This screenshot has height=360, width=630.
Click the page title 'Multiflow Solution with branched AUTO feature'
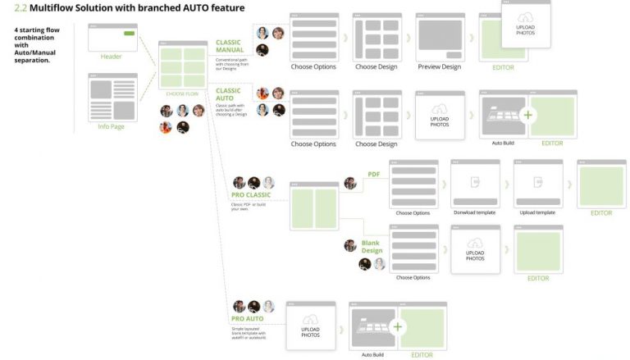(x=136, y=8)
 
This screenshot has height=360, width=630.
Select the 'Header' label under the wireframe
(x=112, y=56)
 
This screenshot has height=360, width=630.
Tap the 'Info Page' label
(x=112, y=126)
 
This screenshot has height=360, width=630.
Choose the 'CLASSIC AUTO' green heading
(x=228, y=94)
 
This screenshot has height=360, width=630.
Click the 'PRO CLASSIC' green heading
(x=251, y=194)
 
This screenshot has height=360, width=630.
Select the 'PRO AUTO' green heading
(x=247, y=318)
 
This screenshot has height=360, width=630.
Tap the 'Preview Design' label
(x=439, y=66)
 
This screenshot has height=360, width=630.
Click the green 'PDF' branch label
(x=373, y=174)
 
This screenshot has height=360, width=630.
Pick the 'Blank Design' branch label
(x=372, y=247)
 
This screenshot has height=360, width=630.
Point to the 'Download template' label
(x=475, y=212)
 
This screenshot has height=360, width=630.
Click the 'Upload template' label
(x=537, y=212)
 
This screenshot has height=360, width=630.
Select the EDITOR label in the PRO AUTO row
(x=422, y=354)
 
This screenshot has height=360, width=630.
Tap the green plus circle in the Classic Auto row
(x=527, y=115)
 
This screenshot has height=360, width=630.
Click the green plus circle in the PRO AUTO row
(x=398, y=326)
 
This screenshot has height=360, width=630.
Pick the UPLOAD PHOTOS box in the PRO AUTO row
(x=310, y=327)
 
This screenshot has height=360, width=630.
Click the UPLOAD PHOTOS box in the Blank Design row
(x=475, y=249)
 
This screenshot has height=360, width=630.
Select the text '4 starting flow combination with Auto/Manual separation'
(x=38, y=45)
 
